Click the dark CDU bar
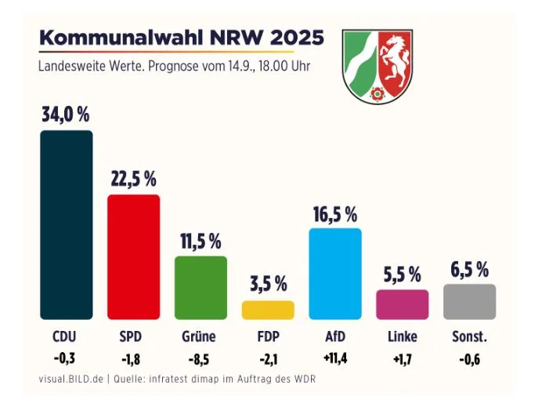67,225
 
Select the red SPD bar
133,256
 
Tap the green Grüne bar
201,288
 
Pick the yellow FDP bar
268,310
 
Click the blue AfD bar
335,274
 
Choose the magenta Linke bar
403,304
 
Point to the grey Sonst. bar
469,302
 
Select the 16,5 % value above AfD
335,213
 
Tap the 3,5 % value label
268,283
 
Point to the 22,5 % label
133,178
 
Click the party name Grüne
201,337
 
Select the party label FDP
268,337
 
